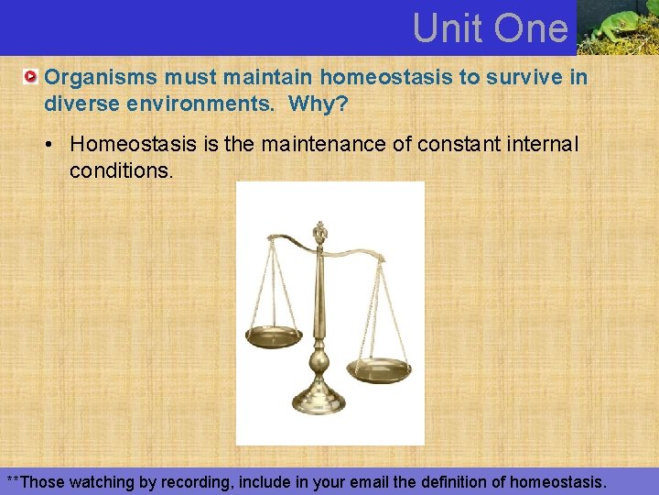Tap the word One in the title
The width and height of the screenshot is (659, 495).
pyautogui.click(x=530, y=28)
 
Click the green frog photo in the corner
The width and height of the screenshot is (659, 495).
pyautogui.click(x=617, y=27)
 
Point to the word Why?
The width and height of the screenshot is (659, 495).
pyautogui.click(x=318, y=104)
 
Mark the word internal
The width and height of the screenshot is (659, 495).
pyautogui.click(x=546, y=145)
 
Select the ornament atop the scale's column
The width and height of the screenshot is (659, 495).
pyautogui.click(x=319, y=231)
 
